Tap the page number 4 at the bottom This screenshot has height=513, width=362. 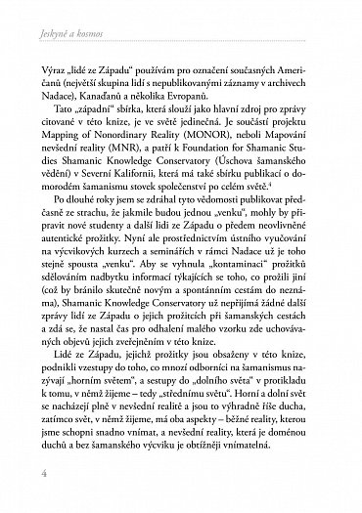[47, 487]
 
